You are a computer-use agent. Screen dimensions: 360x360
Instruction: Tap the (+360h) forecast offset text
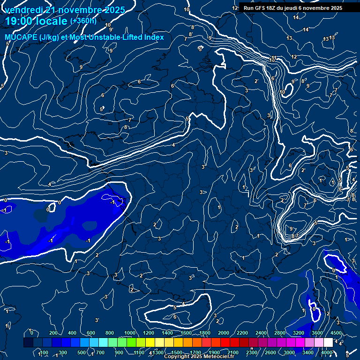click(83, 21)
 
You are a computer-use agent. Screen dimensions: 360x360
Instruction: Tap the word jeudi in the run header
click(298, 8)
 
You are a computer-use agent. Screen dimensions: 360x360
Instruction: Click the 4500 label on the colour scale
click(336, 333)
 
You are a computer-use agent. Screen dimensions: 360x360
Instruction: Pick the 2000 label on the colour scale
click(224, 333)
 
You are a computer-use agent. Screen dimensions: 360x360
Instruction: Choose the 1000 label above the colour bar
click(130, 333)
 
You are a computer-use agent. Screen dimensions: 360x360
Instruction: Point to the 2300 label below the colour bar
click(252, 352)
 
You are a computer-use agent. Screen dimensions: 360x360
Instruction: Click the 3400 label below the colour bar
click(308, 352)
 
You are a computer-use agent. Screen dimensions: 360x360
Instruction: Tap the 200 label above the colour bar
click(53, 333)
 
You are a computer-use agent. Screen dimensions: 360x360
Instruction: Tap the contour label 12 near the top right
click(294, 57)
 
